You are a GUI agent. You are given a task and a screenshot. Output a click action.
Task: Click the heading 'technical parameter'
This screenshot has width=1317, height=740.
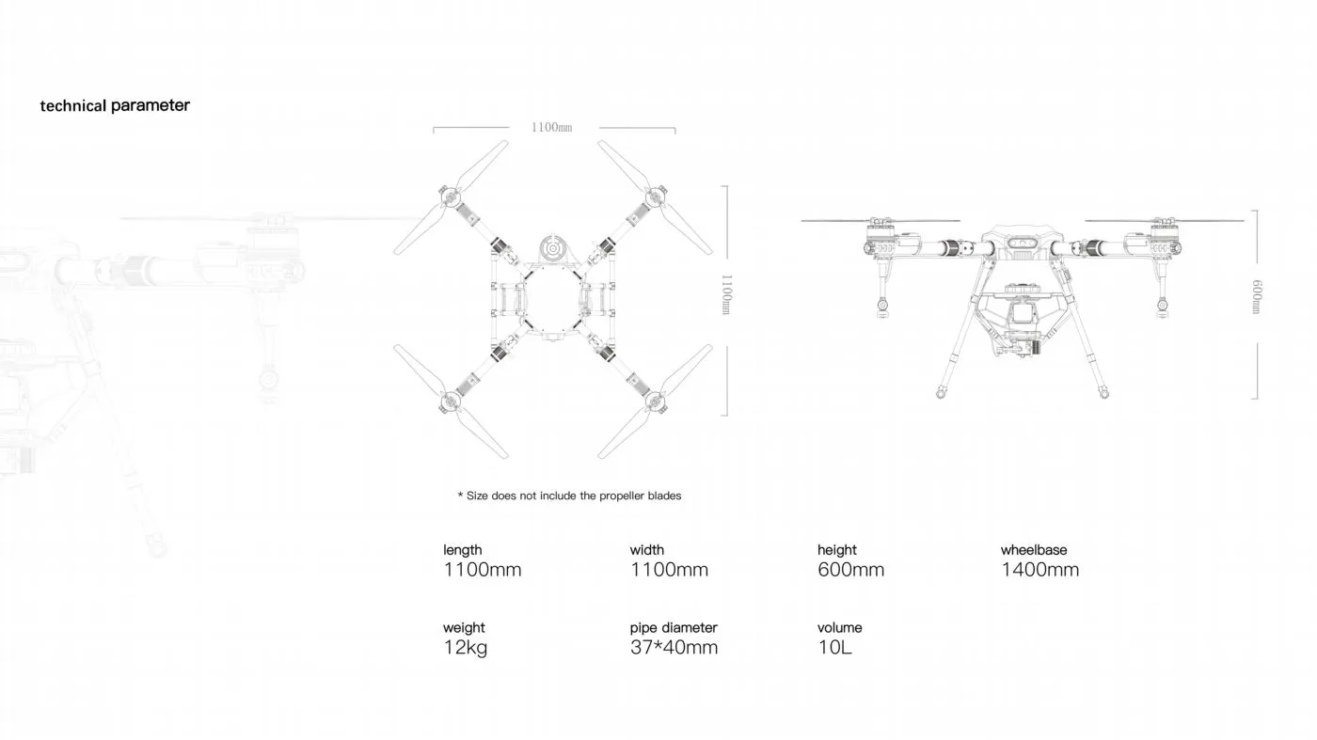pyautogui.click(x=115, y=106)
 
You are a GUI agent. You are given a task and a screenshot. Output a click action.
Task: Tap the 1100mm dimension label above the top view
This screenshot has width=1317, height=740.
pyautogui.click(x=551, y=128)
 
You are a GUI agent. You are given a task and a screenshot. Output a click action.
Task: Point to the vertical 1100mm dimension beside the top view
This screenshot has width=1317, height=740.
pyautogui.click(x=726, y=294)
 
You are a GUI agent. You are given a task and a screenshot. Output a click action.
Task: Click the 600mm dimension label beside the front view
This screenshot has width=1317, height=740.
pyautogui.click(x=1257, y=297)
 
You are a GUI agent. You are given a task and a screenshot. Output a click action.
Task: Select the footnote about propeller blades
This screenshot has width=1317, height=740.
pyautogui.click(x=569, y=496)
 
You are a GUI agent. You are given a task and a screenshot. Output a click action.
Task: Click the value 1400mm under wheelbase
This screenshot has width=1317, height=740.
pyautogui.click(x=1039, y=570)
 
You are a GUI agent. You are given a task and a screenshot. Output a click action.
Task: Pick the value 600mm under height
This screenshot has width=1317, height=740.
pyautogui.click(x=850, y=570)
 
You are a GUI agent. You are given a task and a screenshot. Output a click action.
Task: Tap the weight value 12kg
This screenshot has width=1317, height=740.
pyautogui.click(x=465, y=648)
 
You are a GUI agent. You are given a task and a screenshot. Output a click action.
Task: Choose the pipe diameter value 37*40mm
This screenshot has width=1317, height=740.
pyautogui.click(x=674, y=647)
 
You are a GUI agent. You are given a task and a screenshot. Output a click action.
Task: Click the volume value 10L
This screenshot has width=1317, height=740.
pyautogui.click(x=834, y=647)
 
